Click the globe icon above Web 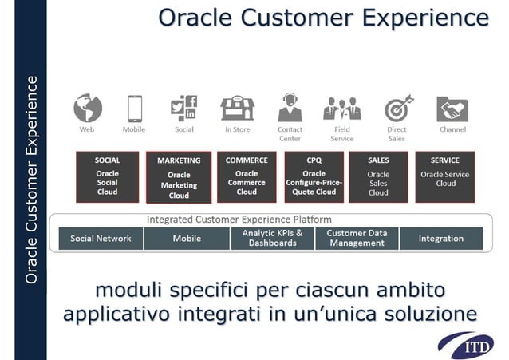[x=87, y=108]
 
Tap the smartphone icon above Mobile [x=134, y=108]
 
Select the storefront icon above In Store [x=237, y=108]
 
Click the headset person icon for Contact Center [x=290, y=108]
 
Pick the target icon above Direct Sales [x=397, y=109]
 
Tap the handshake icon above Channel [x=452, y=109]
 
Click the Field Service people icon [x=341, y=109]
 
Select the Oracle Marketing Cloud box [x=179, y=177]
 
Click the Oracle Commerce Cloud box [x=247, y=176]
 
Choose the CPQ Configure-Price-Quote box [x=314, y=176]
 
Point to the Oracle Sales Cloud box [x=378, y=176]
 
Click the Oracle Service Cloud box [x=445, y=176]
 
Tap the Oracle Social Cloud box [x=107, y=176]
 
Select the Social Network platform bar [x=101, y=238]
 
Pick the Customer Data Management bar [x=357, y=238]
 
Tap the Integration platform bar [x=440, y=238]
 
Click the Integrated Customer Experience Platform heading [x=239, y=219]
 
